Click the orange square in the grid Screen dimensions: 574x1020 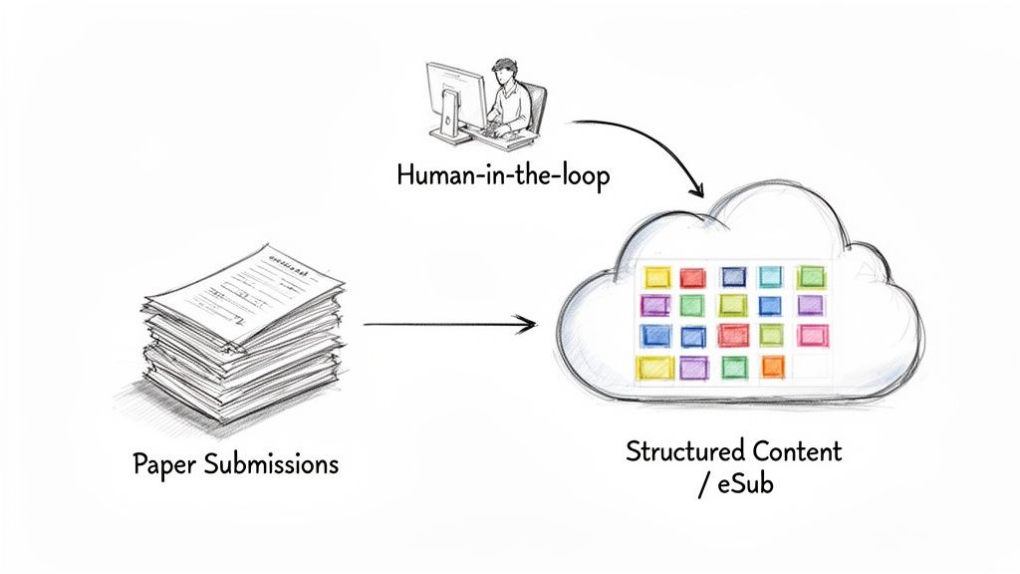pyautogui.click(x=773, y=367)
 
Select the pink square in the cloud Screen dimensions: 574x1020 pyautogui.click(x=813, y=335)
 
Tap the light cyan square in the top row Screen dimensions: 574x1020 pyautogui.click(x=772, y=276)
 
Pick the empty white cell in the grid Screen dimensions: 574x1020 pyautogui.click(x=812, y=367)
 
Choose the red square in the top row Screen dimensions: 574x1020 pyautogui.click(x=692, y=277)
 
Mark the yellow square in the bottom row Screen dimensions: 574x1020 pyautogui.click(x=654, y=368)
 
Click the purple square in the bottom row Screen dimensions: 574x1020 pyautogui.click(x=693, y=368)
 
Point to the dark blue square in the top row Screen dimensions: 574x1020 pyautogui.click(x=733, y=276)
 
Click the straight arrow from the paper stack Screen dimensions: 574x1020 pyautogui.click(x=448, y=323)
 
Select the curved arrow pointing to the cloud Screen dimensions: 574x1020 pyautogui.click(x=657, y=144)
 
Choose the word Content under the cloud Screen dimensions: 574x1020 pyautogui.click(x=797, y=450)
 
